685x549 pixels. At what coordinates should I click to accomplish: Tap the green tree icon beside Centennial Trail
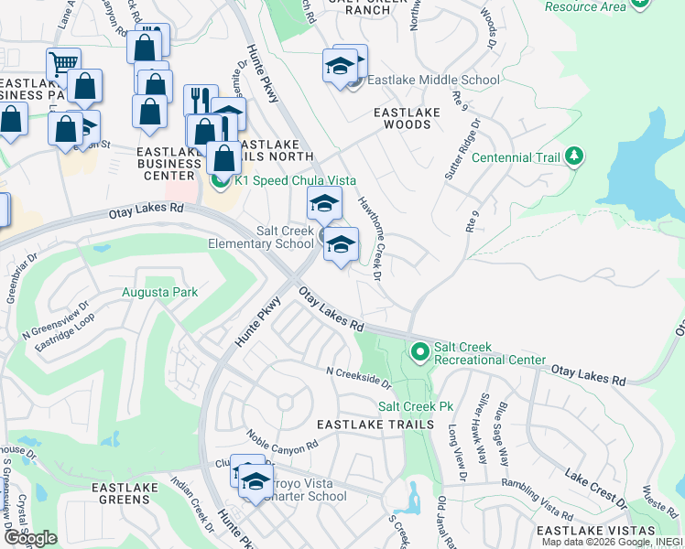[x=574, y=156]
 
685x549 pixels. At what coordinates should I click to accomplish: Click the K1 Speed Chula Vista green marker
[x=220, y=180]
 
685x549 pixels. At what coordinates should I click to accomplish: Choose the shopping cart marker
[x=63, y=64]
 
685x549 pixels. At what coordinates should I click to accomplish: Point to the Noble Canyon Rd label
[x=282, y=442]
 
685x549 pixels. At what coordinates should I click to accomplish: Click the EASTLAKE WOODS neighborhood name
[x=407, y=118]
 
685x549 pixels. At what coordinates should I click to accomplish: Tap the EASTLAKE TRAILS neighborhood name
[x=375, y=425]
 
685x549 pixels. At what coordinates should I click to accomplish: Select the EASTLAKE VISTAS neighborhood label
[x=595, y=531]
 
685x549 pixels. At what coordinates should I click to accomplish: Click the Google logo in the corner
[x=29, y=538]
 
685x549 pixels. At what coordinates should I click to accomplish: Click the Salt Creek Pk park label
[x=417, y=405]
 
